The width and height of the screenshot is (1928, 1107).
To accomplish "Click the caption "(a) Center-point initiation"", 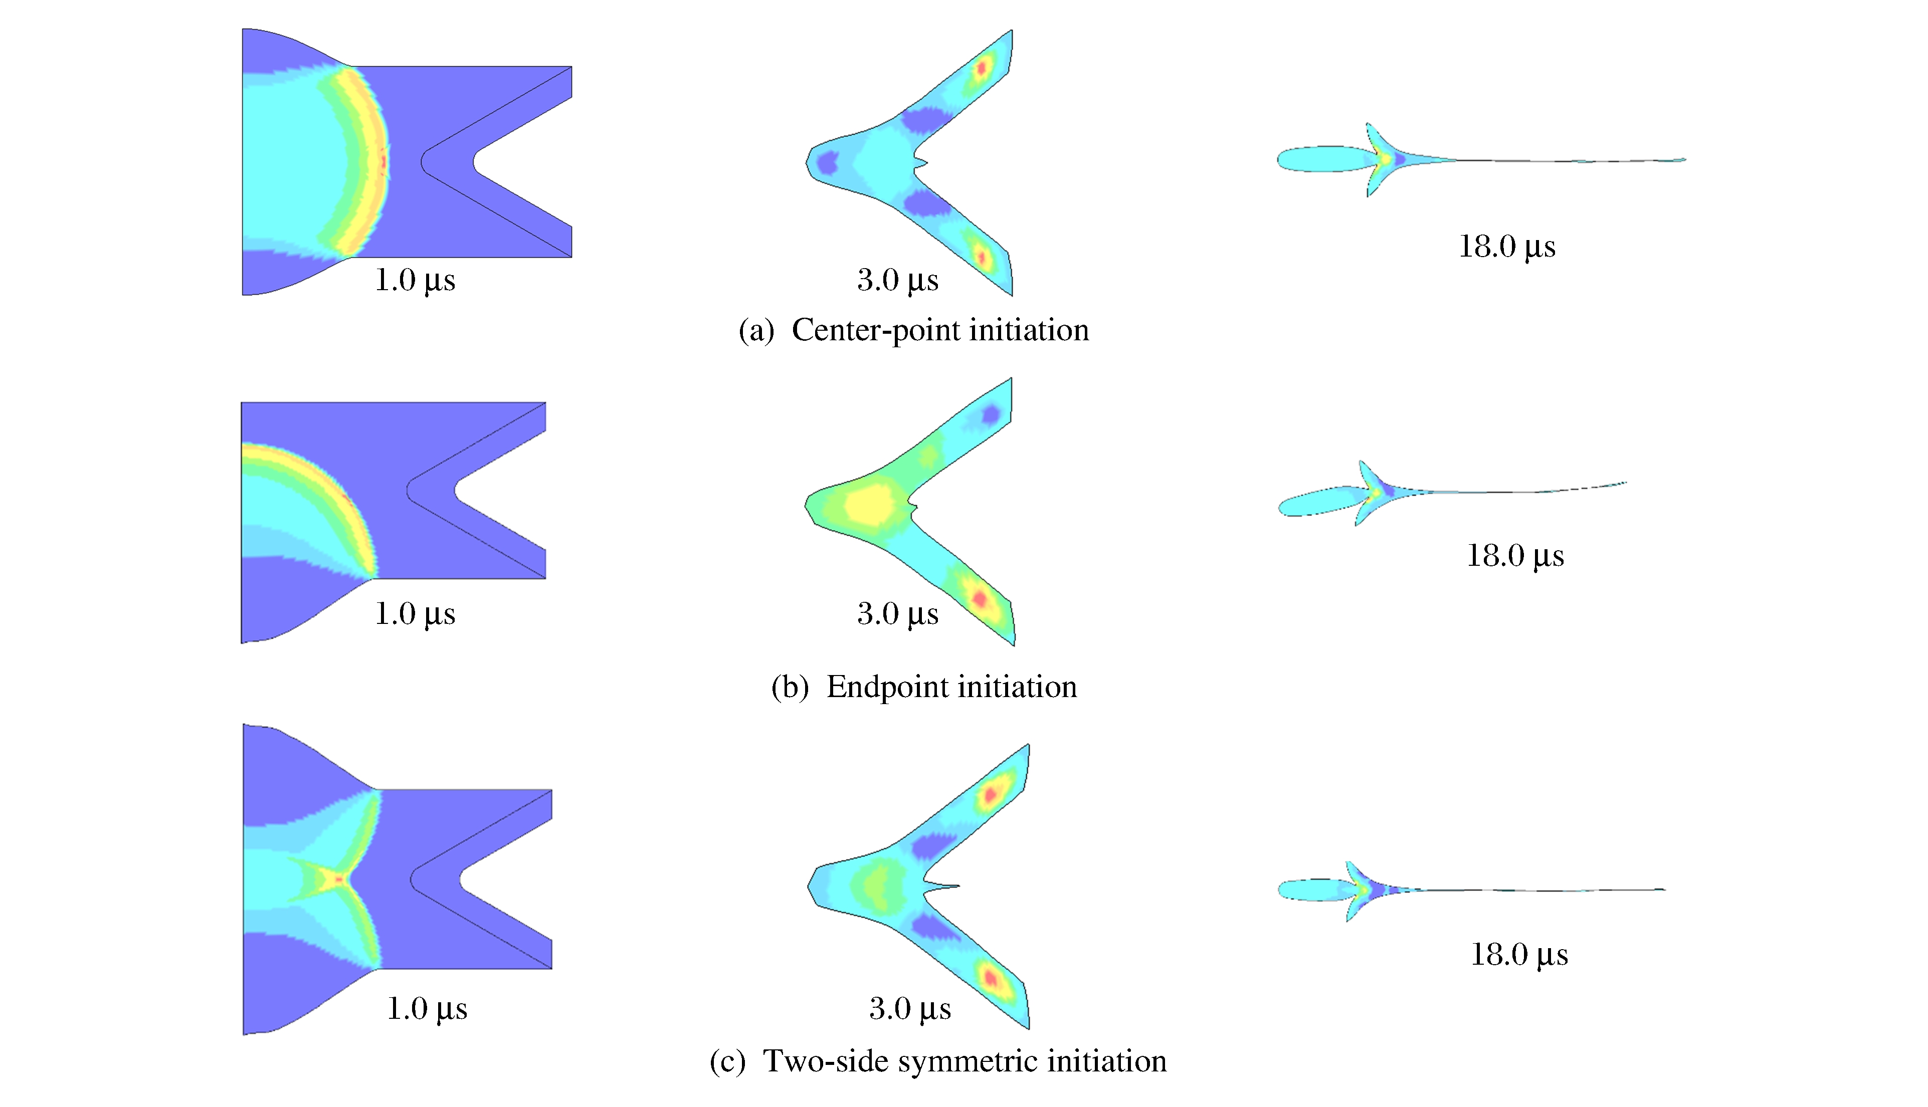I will click(913, 330).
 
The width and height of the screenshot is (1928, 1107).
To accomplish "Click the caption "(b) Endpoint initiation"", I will click(924, 687).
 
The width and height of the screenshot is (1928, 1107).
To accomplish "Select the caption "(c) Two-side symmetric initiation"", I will click(938, 1060).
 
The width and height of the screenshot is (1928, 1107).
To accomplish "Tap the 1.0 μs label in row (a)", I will click(415, 280).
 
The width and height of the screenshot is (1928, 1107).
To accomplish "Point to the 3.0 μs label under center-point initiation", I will click(897, 280).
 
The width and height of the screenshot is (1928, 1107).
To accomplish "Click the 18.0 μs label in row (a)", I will click(1506, 247).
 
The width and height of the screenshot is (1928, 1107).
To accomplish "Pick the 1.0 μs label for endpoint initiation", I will click(415, 613).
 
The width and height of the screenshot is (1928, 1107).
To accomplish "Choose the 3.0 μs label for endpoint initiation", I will click(897, 613).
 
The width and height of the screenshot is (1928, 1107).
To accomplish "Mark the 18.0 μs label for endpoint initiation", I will click(1515, 556).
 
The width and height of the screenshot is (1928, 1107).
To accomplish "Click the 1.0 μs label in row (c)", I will click(427, 1008).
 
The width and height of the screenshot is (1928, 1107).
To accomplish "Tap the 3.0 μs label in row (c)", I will click(910, 1008).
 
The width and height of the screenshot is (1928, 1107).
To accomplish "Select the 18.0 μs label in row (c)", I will click(1519, 954).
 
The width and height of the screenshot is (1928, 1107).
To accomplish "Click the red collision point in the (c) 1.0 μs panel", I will click(340, 879).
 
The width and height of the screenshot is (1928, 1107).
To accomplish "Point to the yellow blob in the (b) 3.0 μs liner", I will click(872, 503).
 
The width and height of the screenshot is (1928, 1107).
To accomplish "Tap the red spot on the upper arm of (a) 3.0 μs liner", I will click(981, 69).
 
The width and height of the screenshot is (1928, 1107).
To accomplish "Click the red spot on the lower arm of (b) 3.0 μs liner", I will click(980, 598).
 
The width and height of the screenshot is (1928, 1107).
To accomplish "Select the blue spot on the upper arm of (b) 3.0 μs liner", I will click(990, 414).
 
